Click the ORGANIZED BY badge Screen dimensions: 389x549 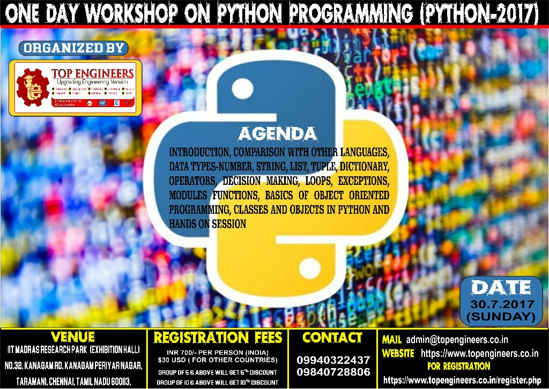(x=73, y=48)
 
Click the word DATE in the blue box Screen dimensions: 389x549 (x=501, y=288)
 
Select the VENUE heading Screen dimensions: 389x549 (x=73, y=337)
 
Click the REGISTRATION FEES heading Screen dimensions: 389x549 (x=218, y=338)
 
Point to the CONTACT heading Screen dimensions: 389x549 (x=332, y=338)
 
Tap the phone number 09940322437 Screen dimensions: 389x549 (x=333, y=360)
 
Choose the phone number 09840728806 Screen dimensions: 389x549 (x=333, y=371)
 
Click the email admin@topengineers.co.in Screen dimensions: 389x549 (x=457, y=339)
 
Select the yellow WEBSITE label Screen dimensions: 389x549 (x=398, y=354)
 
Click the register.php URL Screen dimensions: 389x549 (x=461, y=380)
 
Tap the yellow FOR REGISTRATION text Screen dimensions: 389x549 (x=458, y=366)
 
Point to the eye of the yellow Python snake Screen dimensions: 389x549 (x=309, y=266)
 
